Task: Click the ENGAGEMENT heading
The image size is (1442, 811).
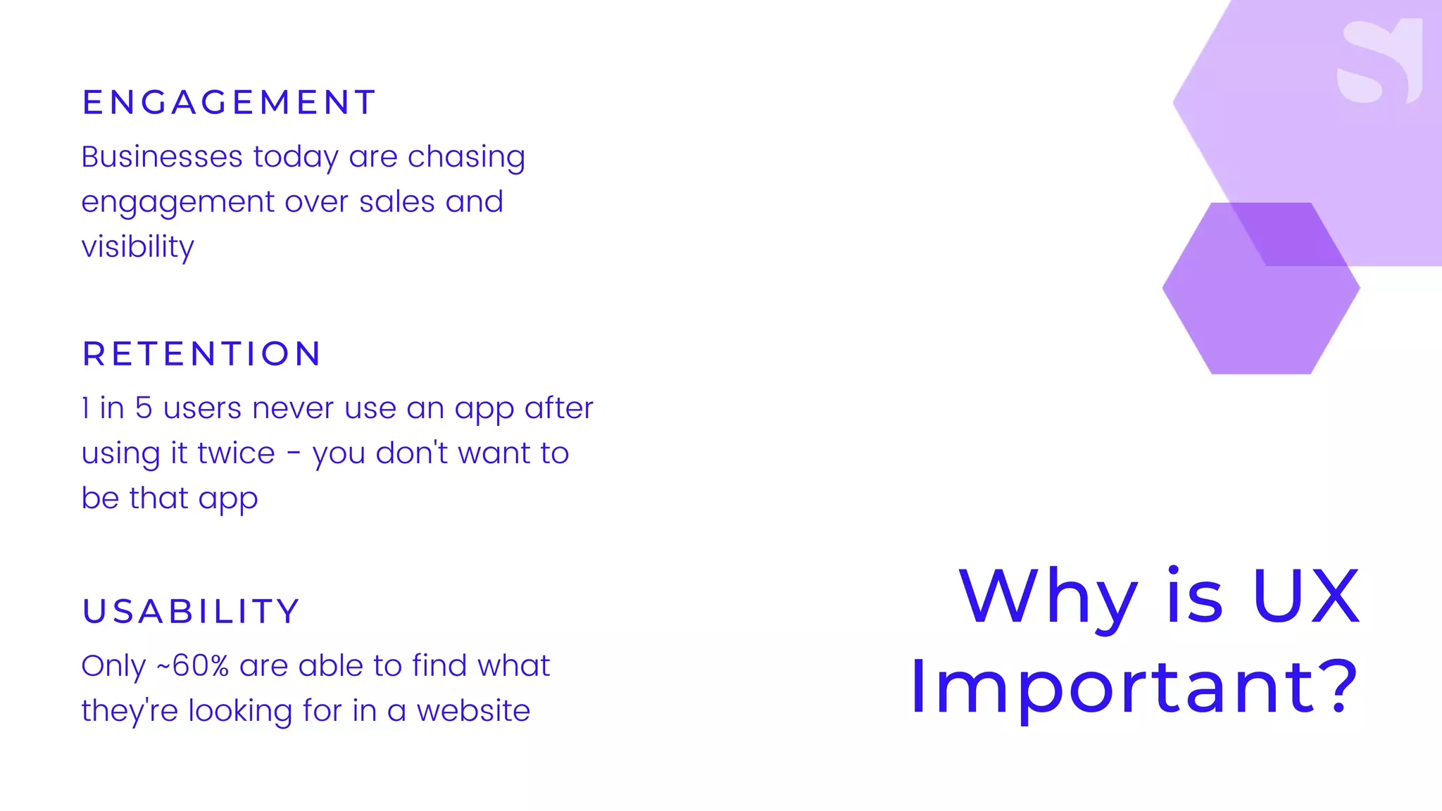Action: [x=229, y=103]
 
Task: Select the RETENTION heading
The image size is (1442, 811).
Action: [x=202, y=354]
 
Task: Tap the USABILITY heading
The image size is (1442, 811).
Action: [x=192, y=611]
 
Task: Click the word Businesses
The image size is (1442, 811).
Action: [x=162, y=157]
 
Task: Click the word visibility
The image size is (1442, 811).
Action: [x=138, y=248]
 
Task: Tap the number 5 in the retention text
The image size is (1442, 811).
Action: [x=144, y=408]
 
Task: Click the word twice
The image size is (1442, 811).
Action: [x=236, y=453]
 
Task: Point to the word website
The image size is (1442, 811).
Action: [x=473, y=711]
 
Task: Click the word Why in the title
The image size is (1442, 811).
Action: [x=1048, y=598]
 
